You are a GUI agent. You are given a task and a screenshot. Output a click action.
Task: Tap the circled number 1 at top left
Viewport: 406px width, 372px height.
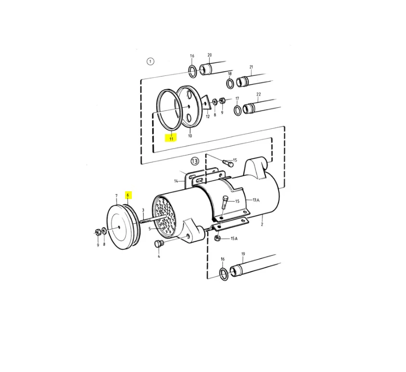click(x=150, y=62)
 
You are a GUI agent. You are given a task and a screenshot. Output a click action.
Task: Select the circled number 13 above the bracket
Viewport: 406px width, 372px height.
click(x=194, y=161)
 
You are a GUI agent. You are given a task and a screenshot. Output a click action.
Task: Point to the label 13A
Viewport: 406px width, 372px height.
click(x=256, y=200)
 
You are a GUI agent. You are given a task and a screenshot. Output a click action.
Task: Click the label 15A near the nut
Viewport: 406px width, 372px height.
click(x=234, y=238)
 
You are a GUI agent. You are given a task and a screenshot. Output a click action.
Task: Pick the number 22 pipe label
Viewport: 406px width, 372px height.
click(x=258, y=94)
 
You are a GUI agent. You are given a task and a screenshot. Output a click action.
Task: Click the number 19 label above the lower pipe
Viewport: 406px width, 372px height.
click(x=243, y=254)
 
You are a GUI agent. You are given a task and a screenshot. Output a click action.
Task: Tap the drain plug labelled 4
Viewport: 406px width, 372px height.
click(x=158, y=244)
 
